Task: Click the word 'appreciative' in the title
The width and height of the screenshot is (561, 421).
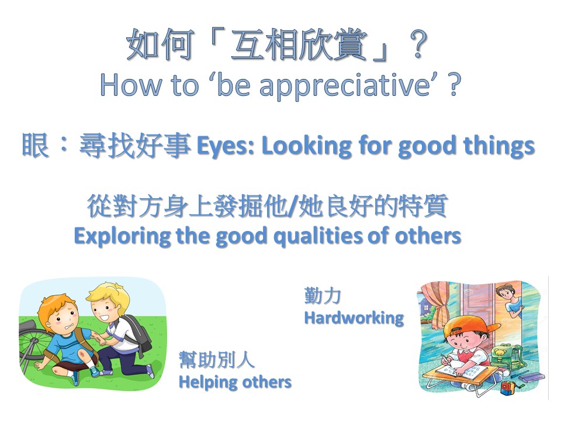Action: [x=345, y=86]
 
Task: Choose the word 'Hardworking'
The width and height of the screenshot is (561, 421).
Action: [x=354, y=318]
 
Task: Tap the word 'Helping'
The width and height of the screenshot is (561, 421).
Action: [x=208, y=382]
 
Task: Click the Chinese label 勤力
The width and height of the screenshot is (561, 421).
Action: [x=323, y=296]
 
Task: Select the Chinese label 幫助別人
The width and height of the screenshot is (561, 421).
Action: [x=216, y=360]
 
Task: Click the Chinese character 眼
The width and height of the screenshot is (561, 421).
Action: [x=36, y=145]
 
